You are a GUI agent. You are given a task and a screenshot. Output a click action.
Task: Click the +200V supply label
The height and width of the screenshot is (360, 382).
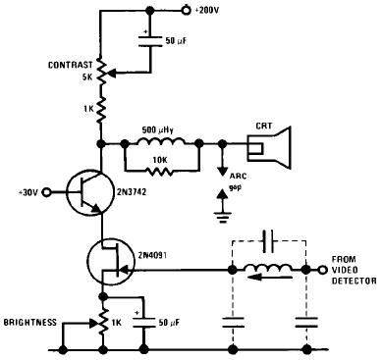tap(206, 10)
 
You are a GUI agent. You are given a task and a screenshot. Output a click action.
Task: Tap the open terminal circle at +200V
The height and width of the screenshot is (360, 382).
tap(187, 10)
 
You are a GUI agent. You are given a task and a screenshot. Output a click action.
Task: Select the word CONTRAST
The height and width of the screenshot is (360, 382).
tap(71, 65)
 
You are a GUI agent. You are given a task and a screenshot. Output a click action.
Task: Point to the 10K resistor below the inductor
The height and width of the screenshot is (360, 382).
tap(159, 171)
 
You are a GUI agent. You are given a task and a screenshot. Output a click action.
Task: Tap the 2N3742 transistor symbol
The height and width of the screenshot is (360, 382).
tap(89, 192)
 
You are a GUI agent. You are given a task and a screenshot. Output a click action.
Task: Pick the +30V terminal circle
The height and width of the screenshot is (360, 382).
tap(47, 192)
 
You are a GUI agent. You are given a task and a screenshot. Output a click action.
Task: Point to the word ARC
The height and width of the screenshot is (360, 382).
tap(238, 177)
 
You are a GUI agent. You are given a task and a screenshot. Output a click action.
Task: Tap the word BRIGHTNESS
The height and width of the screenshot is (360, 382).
tap(30, 323)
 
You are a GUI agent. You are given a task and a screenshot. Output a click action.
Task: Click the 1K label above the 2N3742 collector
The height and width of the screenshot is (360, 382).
tap(88, 109)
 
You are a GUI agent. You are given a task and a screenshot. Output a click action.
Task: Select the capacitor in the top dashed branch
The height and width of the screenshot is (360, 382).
tap(269, 241)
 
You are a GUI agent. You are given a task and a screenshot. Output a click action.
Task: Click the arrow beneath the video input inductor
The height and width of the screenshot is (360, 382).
tap(270, 278)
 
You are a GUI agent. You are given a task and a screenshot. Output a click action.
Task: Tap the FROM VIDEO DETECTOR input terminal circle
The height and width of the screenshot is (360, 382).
tap(323, 270)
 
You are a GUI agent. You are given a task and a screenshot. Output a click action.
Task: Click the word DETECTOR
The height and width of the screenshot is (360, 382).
tap(355, 281)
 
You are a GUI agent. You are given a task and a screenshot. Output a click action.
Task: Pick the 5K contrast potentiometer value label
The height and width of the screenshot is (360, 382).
tap(87, 78)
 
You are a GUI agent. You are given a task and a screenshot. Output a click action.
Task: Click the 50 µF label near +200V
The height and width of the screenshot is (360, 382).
tap(176, 41)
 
